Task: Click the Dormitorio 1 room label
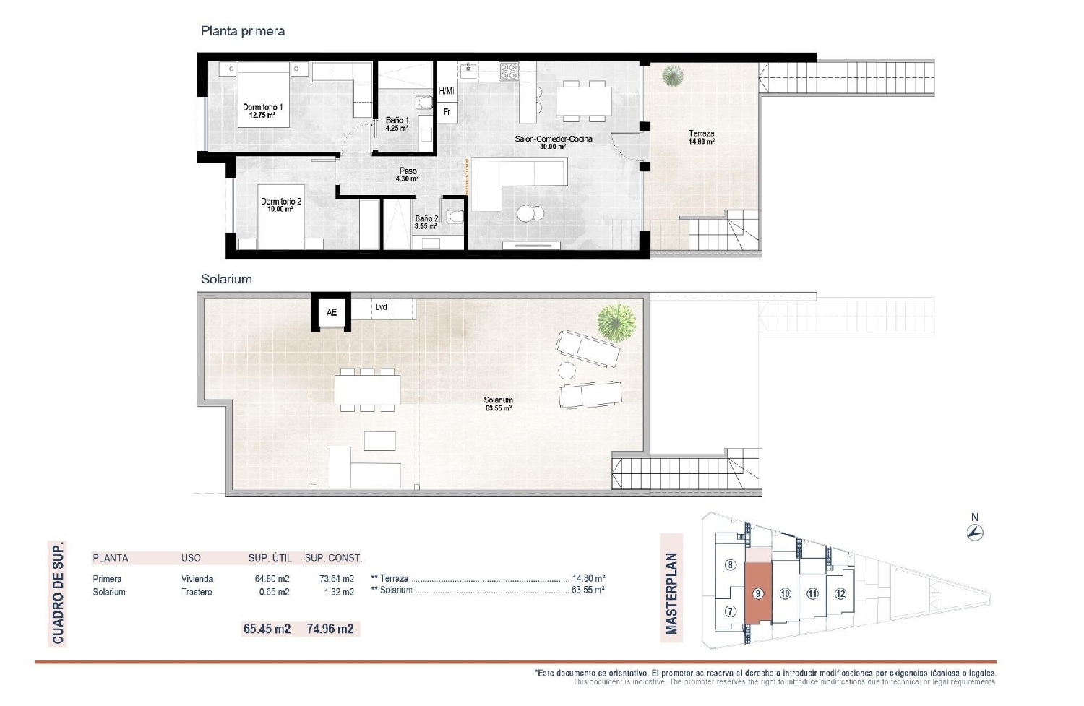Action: [262, 111]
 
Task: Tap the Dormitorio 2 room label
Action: [281, 205]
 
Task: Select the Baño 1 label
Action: [397, 124]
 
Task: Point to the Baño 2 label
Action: [426, 222]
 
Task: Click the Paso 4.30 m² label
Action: [408, 175]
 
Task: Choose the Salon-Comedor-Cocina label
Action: [553, 142]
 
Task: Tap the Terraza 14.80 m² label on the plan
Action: [701, 137]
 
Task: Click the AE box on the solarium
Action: [331, 312]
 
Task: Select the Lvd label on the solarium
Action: [381, 307]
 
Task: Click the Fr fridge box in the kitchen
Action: [447, 112]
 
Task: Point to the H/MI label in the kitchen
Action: [447, 91]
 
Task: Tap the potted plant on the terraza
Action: [674, 75]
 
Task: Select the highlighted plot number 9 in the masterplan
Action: [758, 593]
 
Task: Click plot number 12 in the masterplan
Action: [840, 593]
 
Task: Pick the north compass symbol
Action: [975, 533]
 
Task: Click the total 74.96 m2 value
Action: [330, 629]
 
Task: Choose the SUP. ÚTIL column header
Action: [270, 558]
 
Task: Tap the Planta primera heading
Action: [243, 31]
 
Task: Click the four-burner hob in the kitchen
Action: [509, 70]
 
